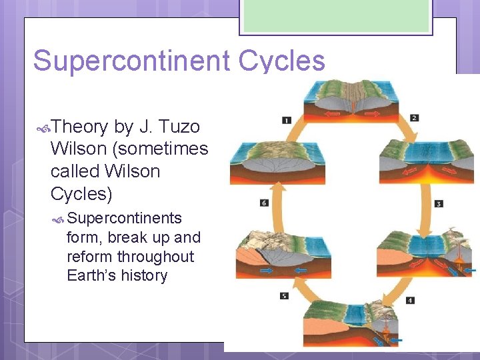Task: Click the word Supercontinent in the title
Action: pos(129,61)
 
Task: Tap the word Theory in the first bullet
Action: pos(79,126)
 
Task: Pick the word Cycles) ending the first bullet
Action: pos(81,193)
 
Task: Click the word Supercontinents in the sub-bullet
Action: pos(125,218)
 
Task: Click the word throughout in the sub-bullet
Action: pos(155,257)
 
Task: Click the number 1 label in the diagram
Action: pos(286,120)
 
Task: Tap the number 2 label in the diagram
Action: pos(414,118)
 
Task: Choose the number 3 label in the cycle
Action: pos(439,203)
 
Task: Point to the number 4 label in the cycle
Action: pos(410,300)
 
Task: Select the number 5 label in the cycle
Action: pos(285,295)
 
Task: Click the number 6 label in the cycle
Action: pos(264,202)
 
